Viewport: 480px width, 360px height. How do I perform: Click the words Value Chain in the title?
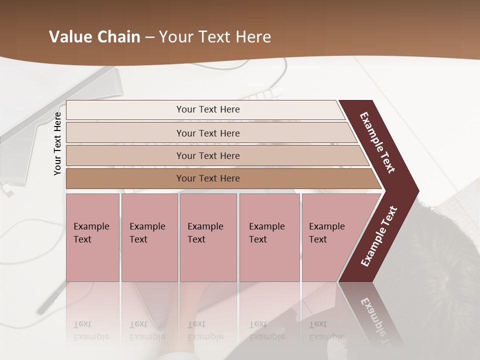click(x=94, y=37)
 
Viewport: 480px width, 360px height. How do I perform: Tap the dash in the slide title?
click(x=149, y=37)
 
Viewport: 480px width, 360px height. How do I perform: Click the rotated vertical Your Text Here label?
click(x=57, y=143)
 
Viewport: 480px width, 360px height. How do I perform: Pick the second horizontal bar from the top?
click(x=207, y=133)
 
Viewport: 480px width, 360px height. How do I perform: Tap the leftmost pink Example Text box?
click(x=92, y=237)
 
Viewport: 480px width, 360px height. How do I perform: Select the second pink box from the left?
click(x=149, y=237)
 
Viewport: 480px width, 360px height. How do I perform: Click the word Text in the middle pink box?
click(x=196, y=239)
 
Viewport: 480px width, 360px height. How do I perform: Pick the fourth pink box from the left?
click(x=269, y=237)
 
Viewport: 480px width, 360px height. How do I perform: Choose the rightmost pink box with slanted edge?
click(x=330, y=237)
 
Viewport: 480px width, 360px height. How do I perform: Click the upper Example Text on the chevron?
click(x=377, y=142)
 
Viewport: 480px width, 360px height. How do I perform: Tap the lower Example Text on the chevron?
click(x=379, y=236)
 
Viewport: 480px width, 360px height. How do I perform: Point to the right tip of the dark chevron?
click(x=417, y=191)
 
